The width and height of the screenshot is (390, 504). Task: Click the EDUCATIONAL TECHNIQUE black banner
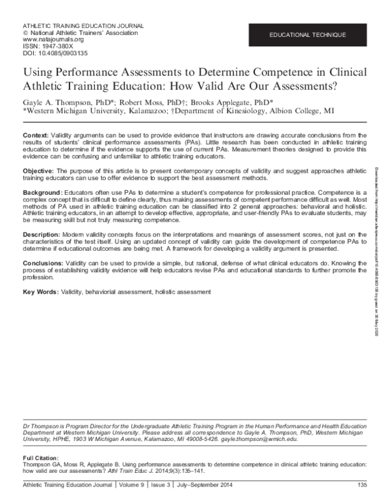(x=309, y=32)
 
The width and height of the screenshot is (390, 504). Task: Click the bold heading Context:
(x=36, y=133)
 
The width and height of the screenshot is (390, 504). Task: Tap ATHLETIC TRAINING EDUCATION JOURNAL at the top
(x=83, y=25)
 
